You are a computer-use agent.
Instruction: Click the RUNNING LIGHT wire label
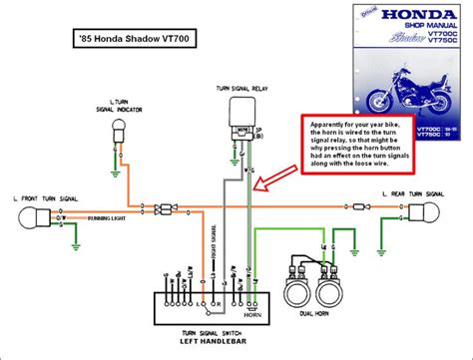click(x=105, y=216)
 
